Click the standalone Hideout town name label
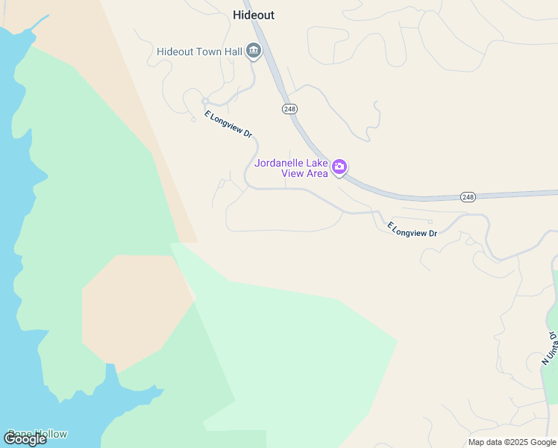click(x=254, y=15)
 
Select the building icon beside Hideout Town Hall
click(x=254, y=51)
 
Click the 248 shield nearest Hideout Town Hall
click(x=290, y=109)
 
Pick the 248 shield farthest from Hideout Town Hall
click(x=468, y=196)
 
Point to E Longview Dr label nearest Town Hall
click(x=228, y=125)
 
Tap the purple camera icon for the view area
click(x=339, y=167)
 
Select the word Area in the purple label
click(x=315, y=174)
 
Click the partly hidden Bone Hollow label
click(x=37, y=434)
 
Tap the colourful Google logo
click(x=25, y=439)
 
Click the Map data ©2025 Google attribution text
click(x=512, y=442)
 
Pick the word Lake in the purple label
click(x=318, y=164)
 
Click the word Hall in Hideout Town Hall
click(x=231, y=52)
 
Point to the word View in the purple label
click(x=292, y=174)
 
